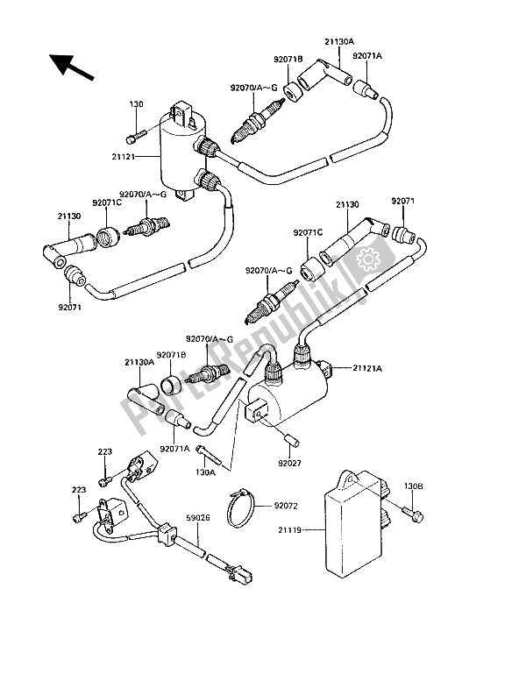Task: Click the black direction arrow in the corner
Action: click(x=69, y=67)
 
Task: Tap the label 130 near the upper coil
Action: click(x=136, y=104)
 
